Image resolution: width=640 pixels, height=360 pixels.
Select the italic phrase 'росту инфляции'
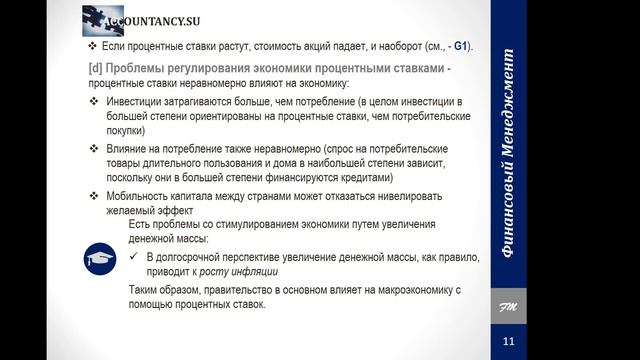pos(237,271)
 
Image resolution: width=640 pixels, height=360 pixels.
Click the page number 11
pos(508,341)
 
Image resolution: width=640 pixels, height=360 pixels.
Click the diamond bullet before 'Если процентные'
pos(92,47)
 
